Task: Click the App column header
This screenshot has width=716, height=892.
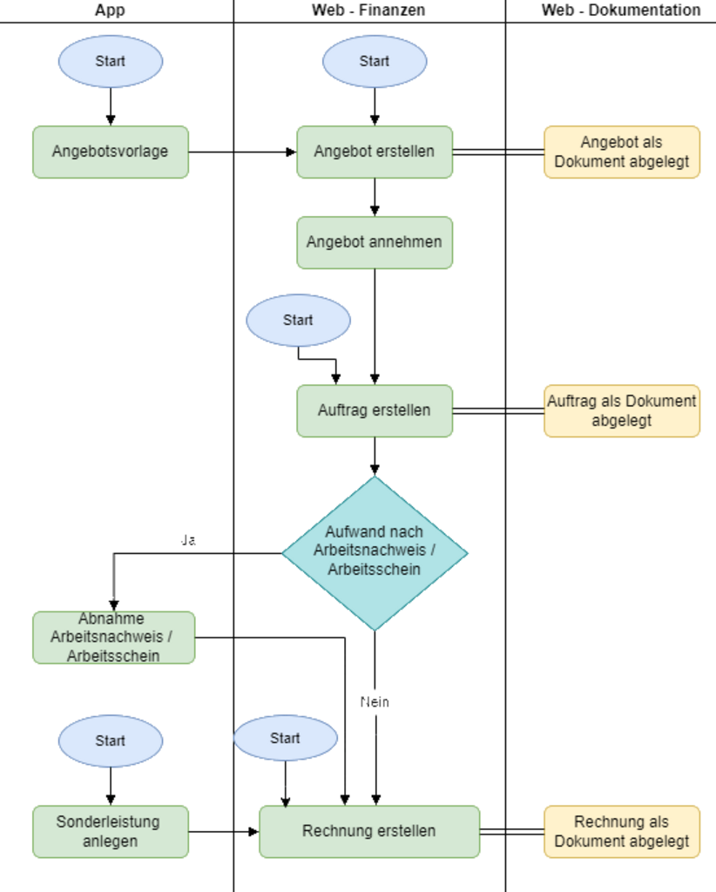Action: click(x=111, y=10)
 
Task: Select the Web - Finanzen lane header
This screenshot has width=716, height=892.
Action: click(x=368, y=10)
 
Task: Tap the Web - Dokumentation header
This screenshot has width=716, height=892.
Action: click(x=620, y=10)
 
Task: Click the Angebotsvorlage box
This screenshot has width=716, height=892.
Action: click(x=111, y=152)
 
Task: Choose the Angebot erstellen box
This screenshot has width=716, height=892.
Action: click(x=375, y=152)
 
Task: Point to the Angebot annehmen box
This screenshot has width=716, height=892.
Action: click(x=375, y=242)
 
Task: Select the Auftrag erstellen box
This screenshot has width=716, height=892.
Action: click(x=375, y=410)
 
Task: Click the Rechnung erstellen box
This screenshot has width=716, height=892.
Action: click(x=369, y=831)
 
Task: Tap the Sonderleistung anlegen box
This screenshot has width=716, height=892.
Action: click(x=111, y=831)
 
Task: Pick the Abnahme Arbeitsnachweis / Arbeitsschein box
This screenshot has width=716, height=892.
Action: click(x=113, y=638)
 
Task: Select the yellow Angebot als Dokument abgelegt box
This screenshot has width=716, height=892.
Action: click(x=622, y=152)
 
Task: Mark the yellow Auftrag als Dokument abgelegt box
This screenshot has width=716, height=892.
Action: click(x=622, y=410)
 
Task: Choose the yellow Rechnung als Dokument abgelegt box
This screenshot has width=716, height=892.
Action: click(x=622, y=831)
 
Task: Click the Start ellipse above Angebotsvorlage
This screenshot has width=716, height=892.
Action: click(x=111, y=61)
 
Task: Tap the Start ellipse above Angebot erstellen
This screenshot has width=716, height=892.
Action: click(x=375, y=61)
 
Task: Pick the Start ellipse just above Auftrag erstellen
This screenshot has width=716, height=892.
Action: click(x=298, y=320)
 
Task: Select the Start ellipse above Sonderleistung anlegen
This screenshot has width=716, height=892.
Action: click(x=111, y=740)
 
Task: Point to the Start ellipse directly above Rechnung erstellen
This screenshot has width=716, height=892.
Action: click(x=285, y=738)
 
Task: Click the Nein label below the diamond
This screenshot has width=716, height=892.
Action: click(x=375, y=702)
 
